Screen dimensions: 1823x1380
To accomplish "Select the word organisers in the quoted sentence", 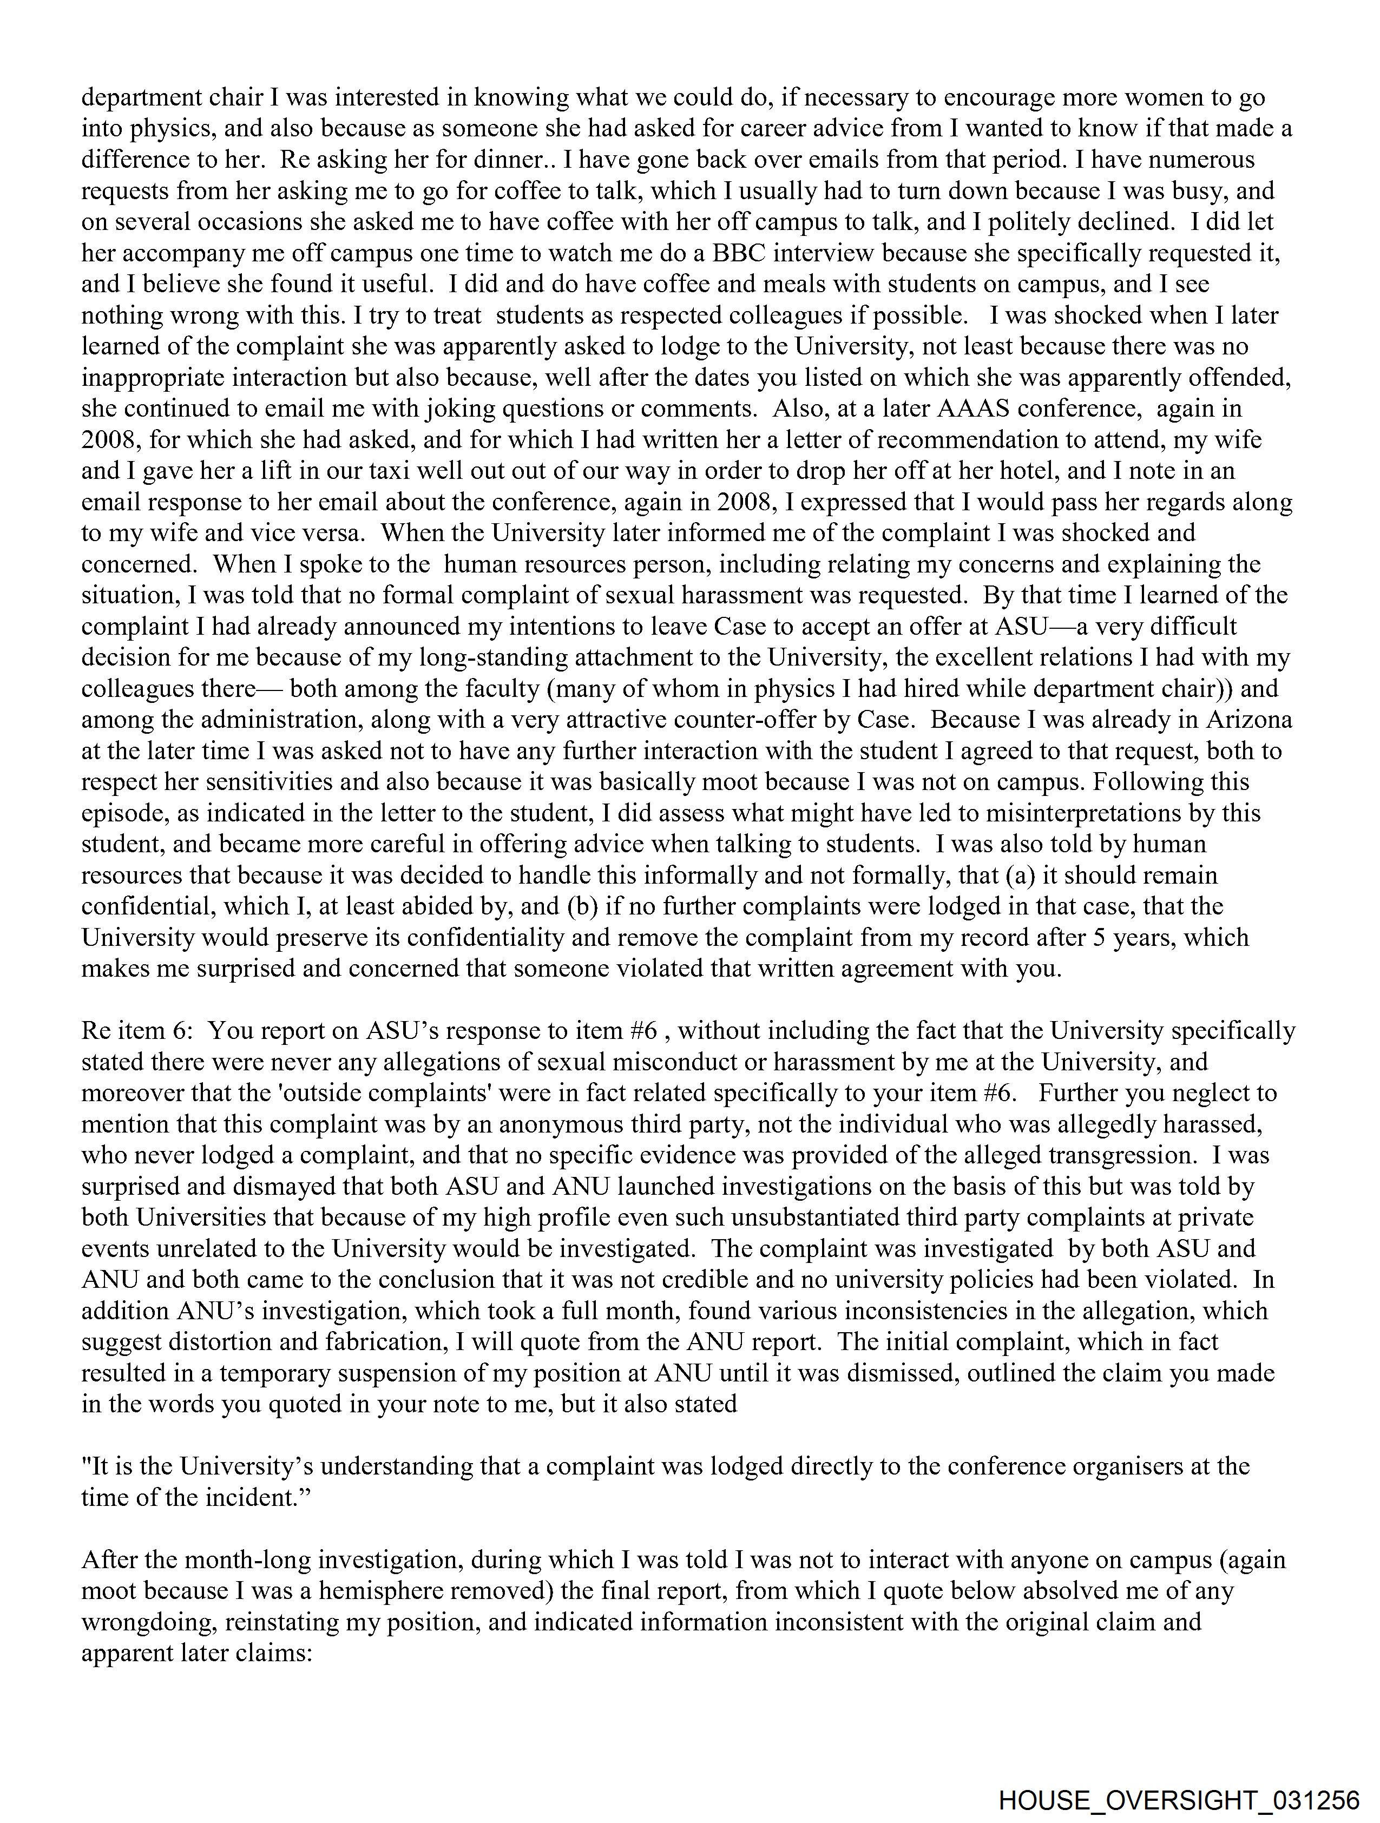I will pyautogui.click(x=1128, y=1467).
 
